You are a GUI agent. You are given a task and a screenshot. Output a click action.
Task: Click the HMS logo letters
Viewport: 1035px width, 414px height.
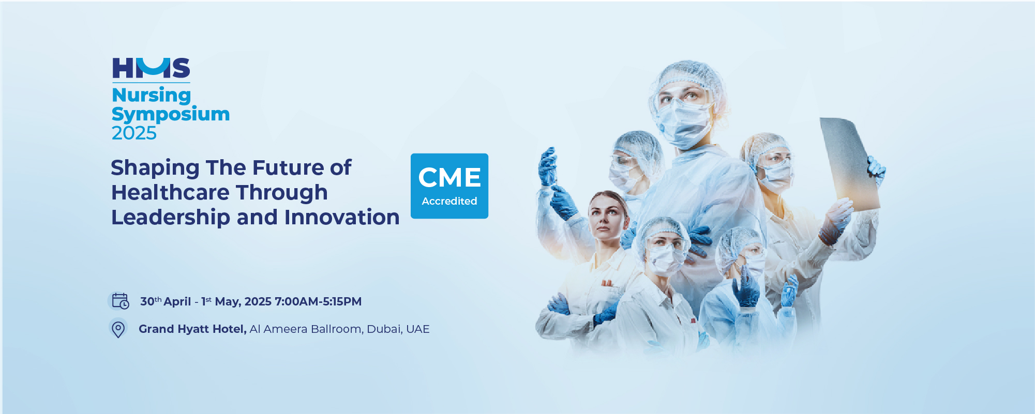(x=151, y=68)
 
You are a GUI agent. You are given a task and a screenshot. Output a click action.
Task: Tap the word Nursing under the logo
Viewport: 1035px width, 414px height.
(x=152, y=96)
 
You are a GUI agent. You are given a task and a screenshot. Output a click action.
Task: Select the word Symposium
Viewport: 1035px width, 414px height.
(x=171, y=115)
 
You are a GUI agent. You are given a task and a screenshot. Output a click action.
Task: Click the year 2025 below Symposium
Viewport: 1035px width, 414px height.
(x=134, y=133)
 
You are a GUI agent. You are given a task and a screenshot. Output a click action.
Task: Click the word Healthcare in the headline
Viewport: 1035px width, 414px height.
(x=171, y=192)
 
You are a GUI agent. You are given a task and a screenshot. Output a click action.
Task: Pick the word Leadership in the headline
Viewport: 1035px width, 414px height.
(x=171, y=218)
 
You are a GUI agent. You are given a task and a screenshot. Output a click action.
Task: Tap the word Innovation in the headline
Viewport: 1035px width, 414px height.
(x=342, y=217)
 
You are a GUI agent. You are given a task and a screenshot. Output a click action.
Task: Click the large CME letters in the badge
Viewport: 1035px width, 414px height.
(x=449, y=178)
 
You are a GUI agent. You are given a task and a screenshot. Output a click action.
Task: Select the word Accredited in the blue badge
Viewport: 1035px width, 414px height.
(x=449, y=201)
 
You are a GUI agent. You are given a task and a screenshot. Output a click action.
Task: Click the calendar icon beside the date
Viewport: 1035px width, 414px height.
(x=121, y=301)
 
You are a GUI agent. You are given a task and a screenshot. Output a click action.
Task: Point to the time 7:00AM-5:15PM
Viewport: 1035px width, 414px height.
(x=318, y=301)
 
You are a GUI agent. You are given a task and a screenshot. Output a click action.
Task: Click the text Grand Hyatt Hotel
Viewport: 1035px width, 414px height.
(x=192, y=329)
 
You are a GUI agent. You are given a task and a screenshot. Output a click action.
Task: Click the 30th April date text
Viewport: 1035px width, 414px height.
(x=166, y=301)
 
